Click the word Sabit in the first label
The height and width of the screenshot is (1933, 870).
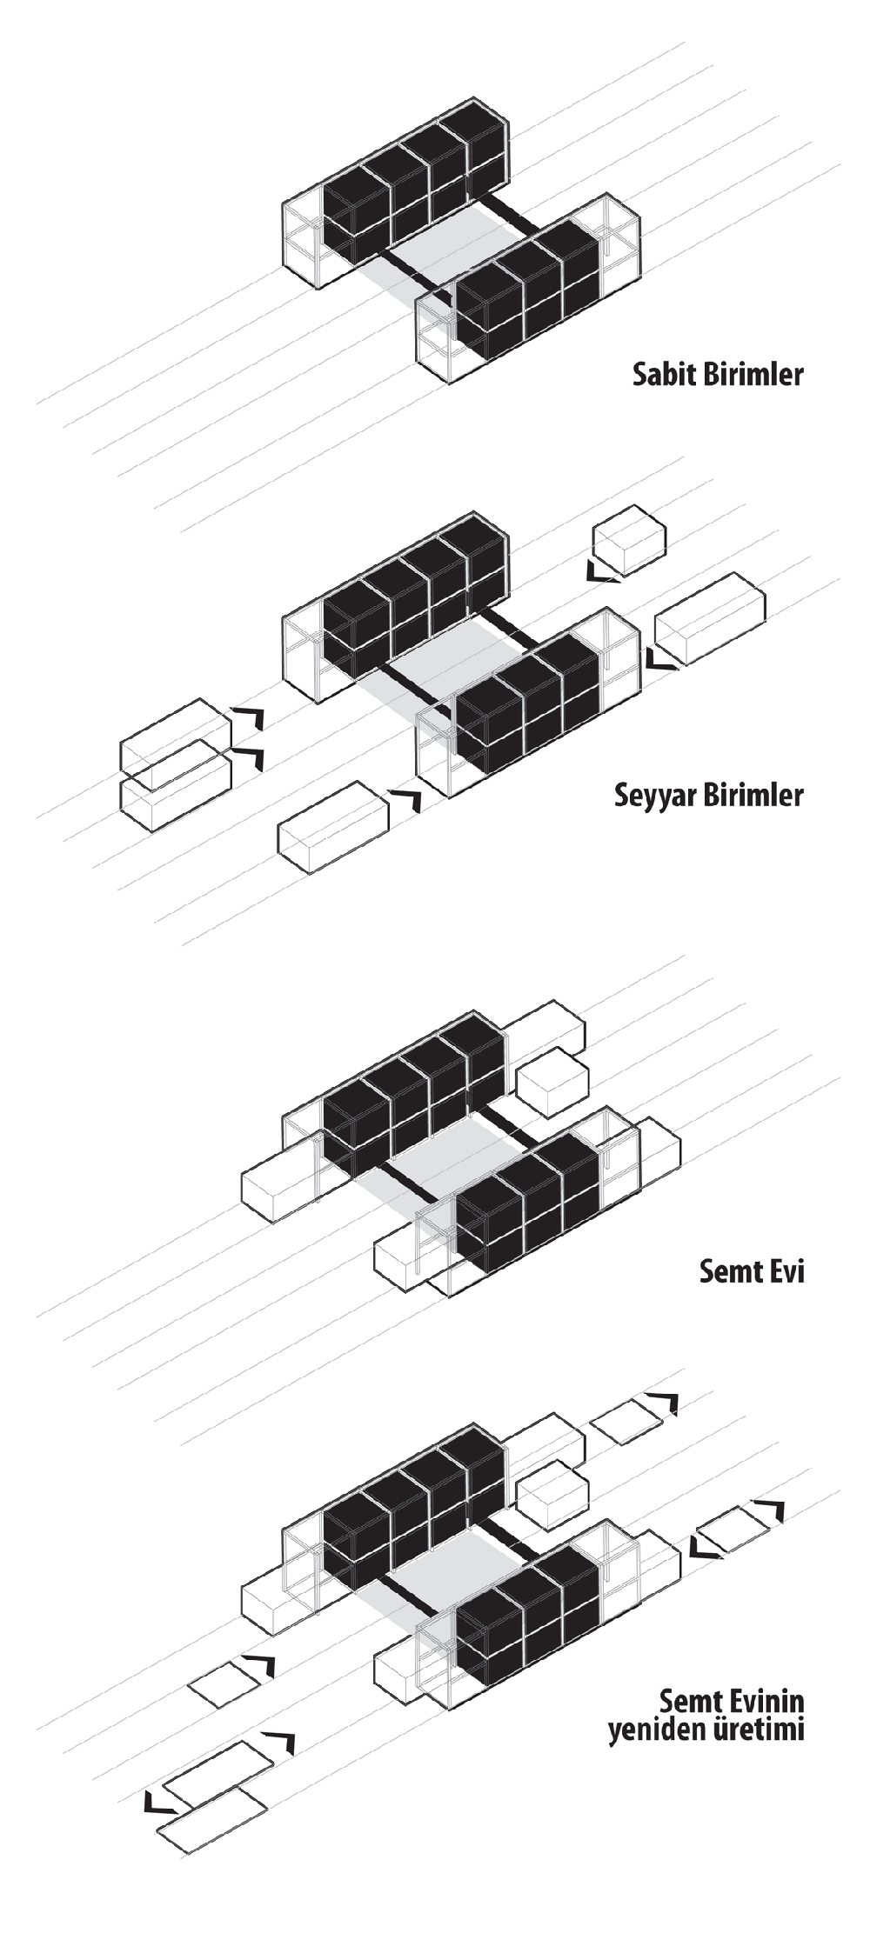(663, 375)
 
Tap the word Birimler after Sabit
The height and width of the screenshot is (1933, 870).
(753, 375)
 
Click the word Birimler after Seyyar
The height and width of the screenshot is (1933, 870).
(753, 795)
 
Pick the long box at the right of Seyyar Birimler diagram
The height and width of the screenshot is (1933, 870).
(710, 618)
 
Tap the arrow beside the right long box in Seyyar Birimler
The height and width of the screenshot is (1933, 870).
(659, 660)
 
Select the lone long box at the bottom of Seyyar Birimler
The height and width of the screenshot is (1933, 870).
(331, 827)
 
